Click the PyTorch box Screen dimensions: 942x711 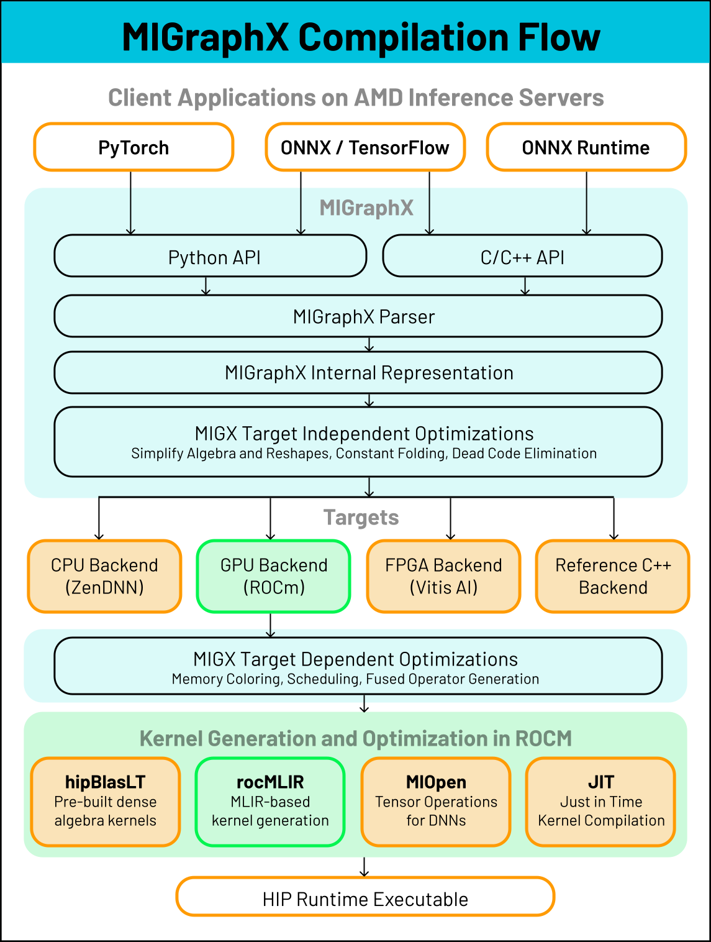[x=134, y=147]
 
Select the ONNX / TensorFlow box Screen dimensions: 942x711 [x=365, y=147]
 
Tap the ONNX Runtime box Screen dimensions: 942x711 [x=586, y=147]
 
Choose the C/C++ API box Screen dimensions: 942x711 [x=522, y=256]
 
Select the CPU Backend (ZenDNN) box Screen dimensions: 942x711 [x=104, y=576]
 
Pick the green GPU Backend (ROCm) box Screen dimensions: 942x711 [x=273, y=576]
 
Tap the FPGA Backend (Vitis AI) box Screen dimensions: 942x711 [x=443, y=576]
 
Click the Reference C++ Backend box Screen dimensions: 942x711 [x=613, y=576]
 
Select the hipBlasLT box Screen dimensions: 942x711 [x=106, y=802]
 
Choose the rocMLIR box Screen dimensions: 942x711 [x=270, y=802]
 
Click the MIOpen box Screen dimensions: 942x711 [x=436, y=802]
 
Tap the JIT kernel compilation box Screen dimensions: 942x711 [x=600, y=802]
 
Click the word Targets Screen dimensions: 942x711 [x=361, y=518]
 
